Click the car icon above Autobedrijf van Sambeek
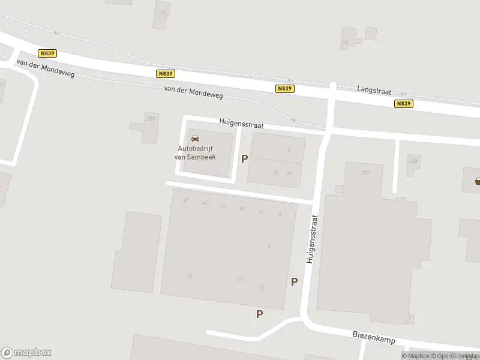(195, 139)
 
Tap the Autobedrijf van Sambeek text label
(196, 153)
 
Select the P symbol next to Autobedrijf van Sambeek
(244, 158)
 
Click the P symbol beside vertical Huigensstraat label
(294, 281)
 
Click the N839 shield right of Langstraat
(404, 103)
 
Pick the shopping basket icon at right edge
(478, 181)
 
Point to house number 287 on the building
(365, 173)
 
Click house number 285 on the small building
(413, 160)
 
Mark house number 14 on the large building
(190, 276)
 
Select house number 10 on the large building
(261, 287)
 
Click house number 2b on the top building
(275, 172)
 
